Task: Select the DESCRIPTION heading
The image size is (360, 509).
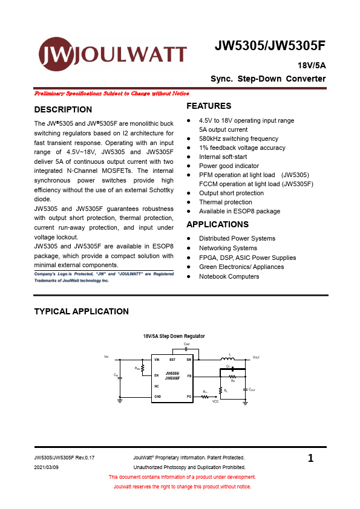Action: tap(63, 109)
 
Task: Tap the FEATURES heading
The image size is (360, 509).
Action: tap(209, 106)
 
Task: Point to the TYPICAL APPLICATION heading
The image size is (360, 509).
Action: tap(81, 311)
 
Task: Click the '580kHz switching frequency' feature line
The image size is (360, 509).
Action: tap(238, 138)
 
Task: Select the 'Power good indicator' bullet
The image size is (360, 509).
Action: tap(229, 166)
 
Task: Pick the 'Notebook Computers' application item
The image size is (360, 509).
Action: tap(229, 276)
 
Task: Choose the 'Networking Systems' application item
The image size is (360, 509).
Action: tap(227, 248)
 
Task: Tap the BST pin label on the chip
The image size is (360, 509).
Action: tap(172, 360)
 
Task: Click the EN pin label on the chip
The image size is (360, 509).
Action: tap(157, 376)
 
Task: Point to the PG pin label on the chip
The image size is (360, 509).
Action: tap(189, 396)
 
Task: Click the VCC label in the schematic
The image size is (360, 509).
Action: tap(215, 401)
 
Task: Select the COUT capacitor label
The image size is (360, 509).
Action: tap(252, 390)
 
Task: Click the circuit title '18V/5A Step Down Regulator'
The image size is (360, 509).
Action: tap(174, 336)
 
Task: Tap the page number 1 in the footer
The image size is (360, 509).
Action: tap(310, 459)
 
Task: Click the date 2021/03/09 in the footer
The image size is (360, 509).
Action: tap(46, 467)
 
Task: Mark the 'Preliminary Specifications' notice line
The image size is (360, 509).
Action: tap(112, 94)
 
